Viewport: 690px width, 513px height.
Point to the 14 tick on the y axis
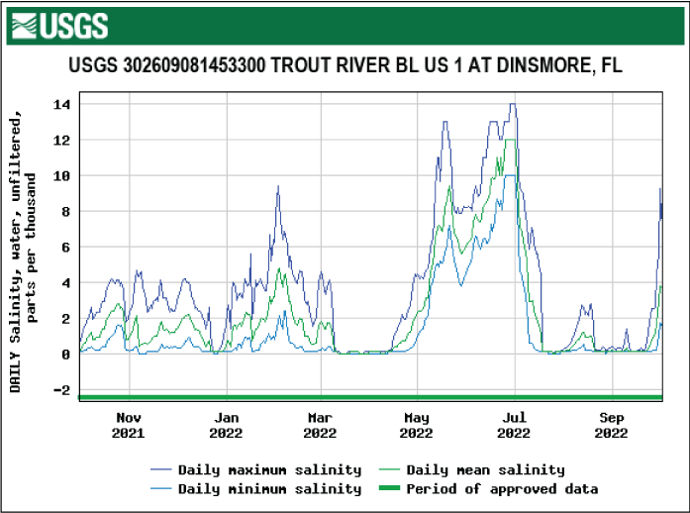[60, 104]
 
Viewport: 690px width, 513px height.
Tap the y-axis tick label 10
[60, 175]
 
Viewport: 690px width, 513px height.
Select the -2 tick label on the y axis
[60, 389]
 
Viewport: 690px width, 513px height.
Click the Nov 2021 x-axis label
[128, 425]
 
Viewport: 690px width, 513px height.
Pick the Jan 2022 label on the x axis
[226, 425]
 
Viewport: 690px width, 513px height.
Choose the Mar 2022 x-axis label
[320, 425]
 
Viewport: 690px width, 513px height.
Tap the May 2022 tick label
[417, 425]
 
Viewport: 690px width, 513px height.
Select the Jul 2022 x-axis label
[514, 425]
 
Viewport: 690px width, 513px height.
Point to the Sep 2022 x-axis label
[612, 425]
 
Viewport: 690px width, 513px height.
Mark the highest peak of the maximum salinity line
[512, 104]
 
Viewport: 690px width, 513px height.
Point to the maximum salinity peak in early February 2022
[278, 186]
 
